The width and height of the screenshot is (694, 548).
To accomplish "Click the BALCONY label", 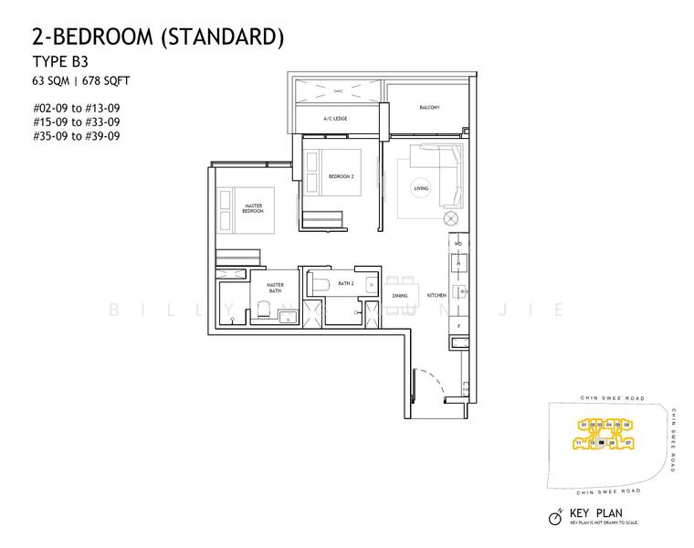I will [x=429, y=108].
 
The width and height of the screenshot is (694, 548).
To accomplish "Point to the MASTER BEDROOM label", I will [x=253, y=209].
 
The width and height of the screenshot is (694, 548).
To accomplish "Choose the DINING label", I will [x=400, y=296].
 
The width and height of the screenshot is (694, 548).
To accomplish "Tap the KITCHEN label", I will [x=435, y=296].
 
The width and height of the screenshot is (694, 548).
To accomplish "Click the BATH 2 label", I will [x=345, y=284].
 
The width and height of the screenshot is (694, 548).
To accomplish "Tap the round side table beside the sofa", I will [x=450, y=218].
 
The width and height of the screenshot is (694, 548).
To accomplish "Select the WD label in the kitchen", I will [x=458, y=245].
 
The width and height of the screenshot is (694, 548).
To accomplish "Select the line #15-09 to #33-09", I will [x=76, y=121].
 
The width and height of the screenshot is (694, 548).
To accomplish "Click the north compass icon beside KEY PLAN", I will [x=554, y=518].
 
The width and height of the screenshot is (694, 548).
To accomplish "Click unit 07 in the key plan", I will [x=629, y=443].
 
